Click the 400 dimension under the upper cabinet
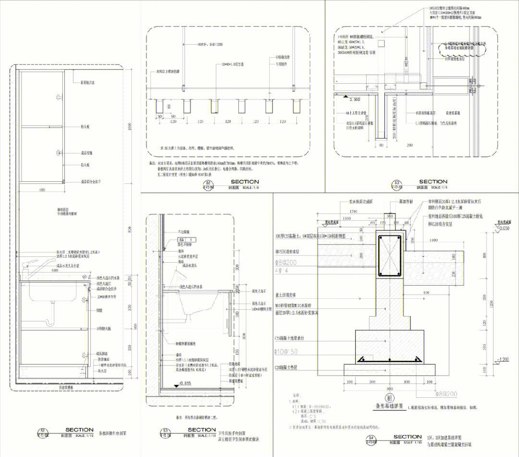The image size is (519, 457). tap(42, 191)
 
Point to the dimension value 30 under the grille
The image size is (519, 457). tap(159, 116)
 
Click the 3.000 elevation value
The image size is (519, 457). tap(354, 100)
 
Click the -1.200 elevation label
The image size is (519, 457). tap(502, 360)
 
